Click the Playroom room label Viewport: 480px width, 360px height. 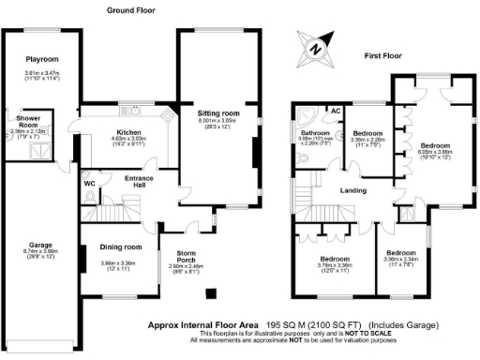point(42,58)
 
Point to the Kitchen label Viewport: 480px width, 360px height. point(128,132)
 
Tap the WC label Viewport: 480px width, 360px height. point(89,184)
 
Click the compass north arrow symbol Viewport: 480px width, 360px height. point(316,47)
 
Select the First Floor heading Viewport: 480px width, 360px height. point(383,56)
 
